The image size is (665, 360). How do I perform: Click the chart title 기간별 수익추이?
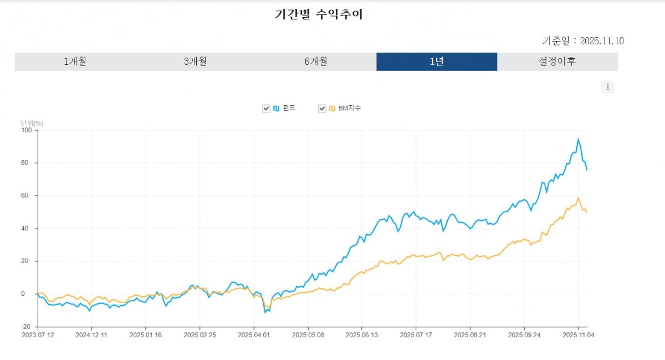click(x=319, y=15)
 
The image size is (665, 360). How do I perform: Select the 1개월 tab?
click(x=75, y=61)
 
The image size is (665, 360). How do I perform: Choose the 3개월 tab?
click(x=195, y=61)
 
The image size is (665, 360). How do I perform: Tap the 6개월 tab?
click(x=316, y=61)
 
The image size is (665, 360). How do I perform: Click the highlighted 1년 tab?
click(x=437, y=61)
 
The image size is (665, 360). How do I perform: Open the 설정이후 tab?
click(x=557, y=61)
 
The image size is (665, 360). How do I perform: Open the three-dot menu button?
click(x=608, y=87)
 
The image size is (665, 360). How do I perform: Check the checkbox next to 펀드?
click(x=266, y=109)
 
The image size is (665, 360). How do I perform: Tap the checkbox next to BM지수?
click(x=322, y=109)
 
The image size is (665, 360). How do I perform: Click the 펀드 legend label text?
click(x=289, y=109)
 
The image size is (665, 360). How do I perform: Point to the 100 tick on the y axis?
click(x=27, y=130)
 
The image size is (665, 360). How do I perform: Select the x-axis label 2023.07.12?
click(x=37, y=335)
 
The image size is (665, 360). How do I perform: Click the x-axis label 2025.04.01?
click(x=254, y=335)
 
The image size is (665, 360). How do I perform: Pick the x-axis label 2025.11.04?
click(x=579, y=335)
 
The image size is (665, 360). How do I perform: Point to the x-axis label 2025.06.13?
click(x=362, y=335)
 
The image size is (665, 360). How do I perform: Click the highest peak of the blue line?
click(x=579, y=140)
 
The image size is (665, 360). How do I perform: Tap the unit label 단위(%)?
click(x=32, y=123)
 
